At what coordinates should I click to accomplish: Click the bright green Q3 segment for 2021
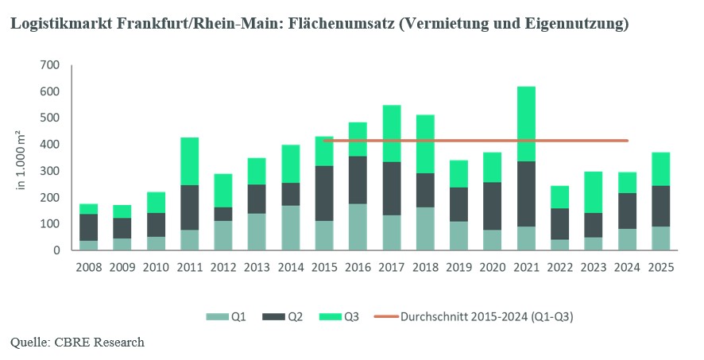526,124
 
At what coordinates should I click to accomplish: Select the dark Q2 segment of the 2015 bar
324,193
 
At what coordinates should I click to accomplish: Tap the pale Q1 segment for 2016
358,227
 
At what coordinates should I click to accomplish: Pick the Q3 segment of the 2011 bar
189,161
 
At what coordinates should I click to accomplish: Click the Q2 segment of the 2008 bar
88,227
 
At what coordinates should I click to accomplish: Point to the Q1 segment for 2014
291,228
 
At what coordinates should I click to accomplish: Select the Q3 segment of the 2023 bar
594,192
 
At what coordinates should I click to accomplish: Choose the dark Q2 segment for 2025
661,206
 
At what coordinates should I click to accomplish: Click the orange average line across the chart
476,141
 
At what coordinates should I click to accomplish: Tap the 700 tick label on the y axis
51,65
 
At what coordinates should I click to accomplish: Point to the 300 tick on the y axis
51,171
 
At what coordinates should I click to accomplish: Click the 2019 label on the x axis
458,268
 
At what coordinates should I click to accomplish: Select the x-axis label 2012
223,268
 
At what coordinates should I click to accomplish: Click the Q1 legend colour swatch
217,317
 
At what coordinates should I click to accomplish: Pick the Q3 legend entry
339,317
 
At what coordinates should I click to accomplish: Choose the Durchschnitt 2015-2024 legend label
487,317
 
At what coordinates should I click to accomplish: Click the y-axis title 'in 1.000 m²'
21,161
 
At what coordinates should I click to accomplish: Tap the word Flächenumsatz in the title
342,23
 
